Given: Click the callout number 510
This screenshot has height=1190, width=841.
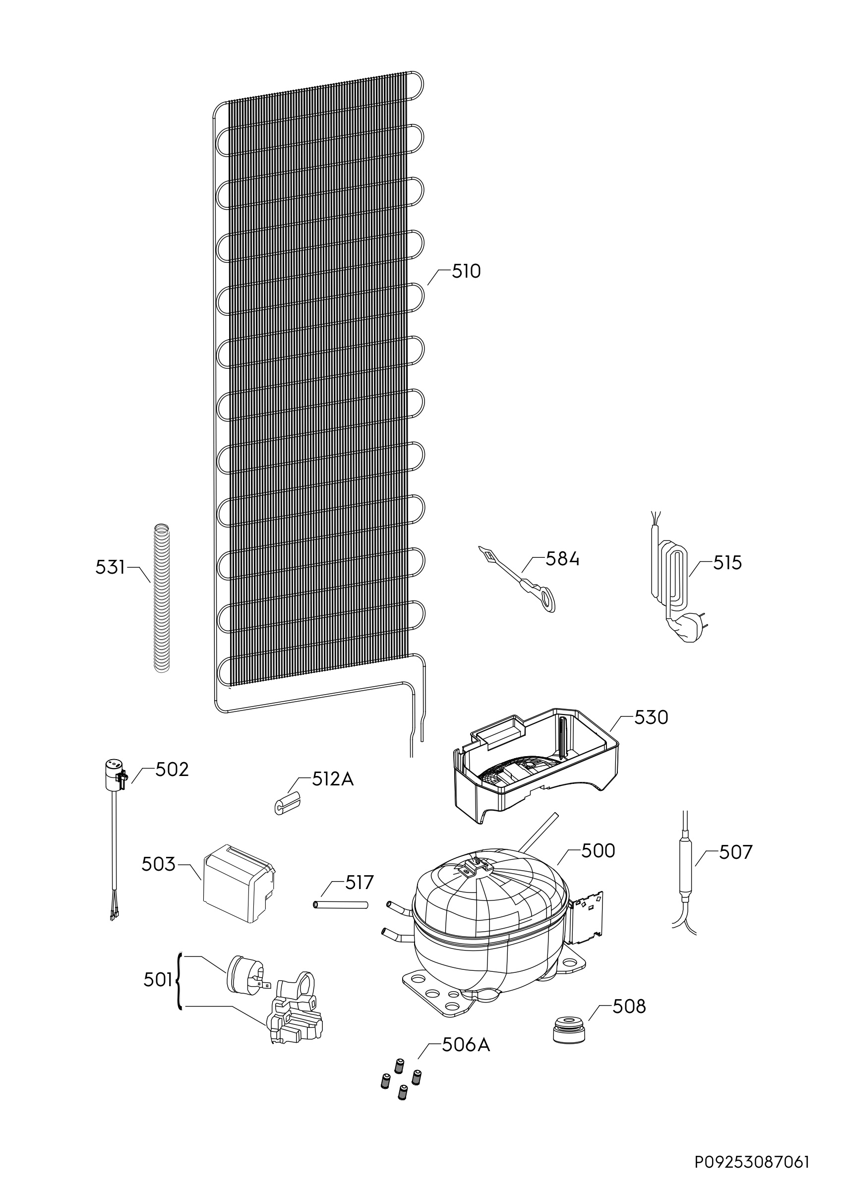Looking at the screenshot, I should [x=466, y=271].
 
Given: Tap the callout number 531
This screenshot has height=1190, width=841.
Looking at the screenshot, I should [x=110, y=568].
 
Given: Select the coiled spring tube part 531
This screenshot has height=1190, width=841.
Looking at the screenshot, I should [x=162, y=598].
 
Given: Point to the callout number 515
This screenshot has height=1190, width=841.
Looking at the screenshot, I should [x=727, y=563].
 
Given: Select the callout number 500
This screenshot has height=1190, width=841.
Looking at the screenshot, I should [x=598, y=850].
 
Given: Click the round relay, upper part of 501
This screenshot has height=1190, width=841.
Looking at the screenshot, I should [x=243, y=972].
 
